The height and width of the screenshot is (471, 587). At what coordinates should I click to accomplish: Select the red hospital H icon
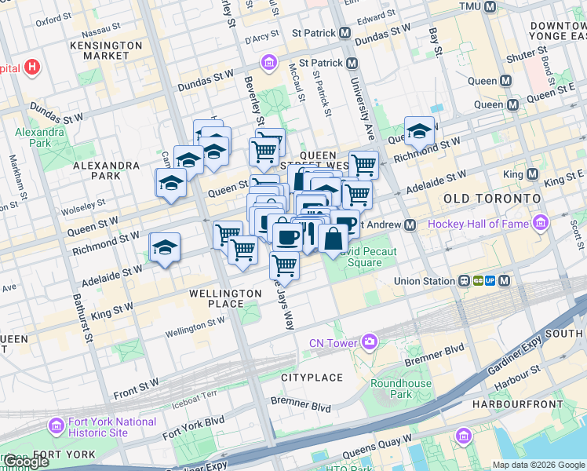(32, 68)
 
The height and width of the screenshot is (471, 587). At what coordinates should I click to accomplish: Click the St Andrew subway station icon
(410, 225)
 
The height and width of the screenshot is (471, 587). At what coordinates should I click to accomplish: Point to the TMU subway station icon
(490, 6)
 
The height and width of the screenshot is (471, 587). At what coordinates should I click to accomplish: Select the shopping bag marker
(333, 239)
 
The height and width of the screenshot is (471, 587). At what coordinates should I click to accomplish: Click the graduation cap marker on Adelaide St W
(165, 247)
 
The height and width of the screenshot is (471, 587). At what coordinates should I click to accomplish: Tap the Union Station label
(425, 281)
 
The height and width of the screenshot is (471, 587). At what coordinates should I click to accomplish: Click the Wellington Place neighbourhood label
(225, 299)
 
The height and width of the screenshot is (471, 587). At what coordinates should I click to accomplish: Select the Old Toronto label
(491, 199)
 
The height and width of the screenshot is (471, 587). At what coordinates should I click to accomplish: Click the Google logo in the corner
(26, 462)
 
